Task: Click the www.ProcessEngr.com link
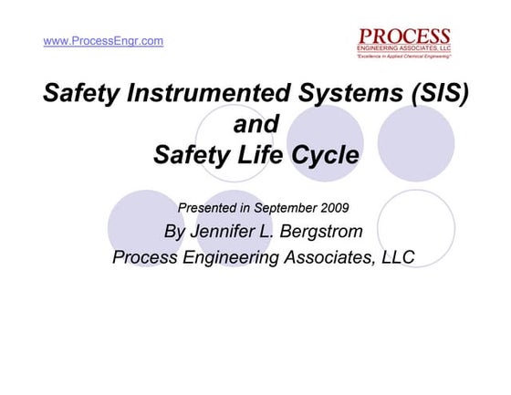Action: pos(103,41)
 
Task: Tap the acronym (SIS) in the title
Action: pos(436,93)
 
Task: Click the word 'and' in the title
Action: pos(255,123)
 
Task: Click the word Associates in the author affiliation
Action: pos(316,256)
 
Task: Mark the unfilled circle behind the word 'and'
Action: pos(234,137)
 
